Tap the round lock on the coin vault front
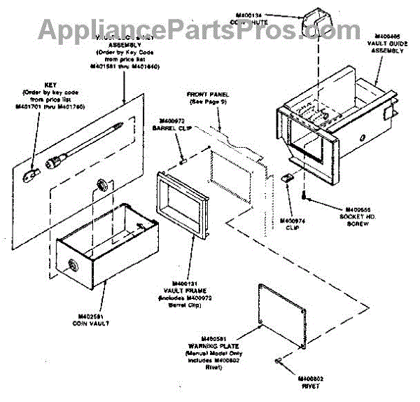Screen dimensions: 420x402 click(72, 265)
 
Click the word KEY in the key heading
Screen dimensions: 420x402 click(48, 85)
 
